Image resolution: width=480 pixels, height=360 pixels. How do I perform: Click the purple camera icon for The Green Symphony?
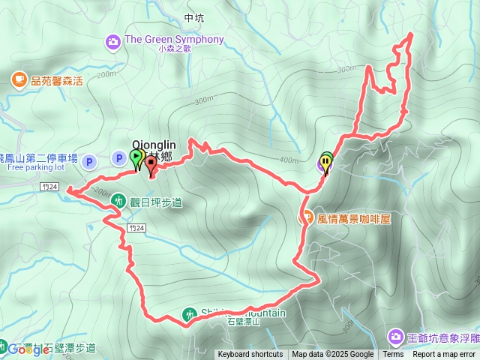(x=113, y=40)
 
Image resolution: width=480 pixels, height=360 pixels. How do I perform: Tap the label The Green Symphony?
(x=175, y=39)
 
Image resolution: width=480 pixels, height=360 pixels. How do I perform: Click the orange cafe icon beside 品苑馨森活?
(x=18, y=78)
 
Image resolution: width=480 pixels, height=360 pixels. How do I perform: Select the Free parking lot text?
(x=37, y=167)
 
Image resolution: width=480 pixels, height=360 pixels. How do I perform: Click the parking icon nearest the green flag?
(x=118, y=157)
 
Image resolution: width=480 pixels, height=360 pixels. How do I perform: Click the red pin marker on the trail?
(x=151, y=163)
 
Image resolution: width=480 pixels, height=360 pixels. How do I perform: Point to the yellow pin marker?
(x=325, y=162)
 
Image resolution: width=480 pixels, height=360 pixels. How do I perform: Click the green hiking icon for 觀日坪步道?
(x=118, y=200)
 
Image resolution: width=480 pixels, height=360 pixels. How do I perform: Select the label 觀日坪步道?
(x=156, y=202)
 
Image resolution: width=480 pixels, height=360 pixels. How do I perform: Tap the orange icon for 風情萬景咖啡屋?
(x=307, y=217)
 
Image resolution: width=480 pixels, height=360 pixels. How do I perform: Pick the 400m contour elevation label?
(x=288, y=160)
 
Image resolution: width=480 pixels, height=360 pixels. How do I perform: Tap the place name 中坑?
(x=193, y=17)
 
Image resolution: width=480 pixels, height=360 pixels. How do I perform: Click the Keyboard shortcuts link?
(x=250, y=355)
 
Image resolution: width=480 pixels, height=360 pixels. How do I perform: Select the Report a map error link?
(x=444, y=355)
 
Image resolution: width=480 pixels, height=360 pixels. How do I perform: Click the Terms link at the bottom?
(x=393, y=355)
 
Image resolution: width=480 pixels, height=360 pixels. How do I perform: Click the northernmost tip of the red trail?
(x=410, y=34)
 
